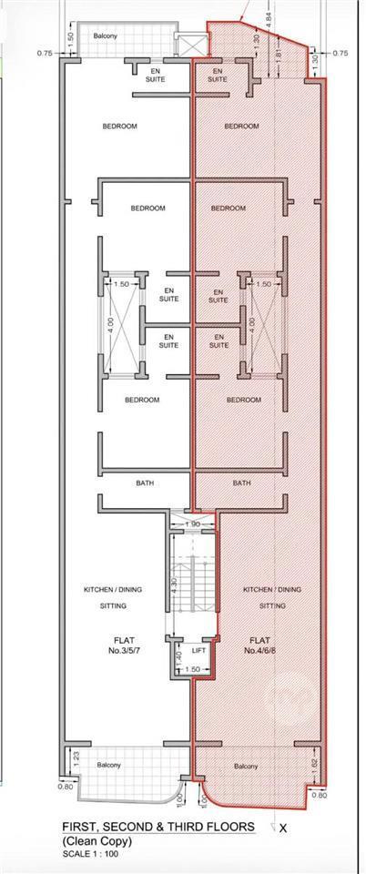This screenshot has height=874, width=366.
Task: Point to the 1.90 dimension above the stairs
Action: (x=192, y=524)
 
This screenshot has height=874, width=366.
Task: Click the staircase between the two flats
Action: (x=192, y=585)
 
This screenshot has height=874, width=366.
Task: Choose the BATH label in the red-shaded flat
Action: (x=241, y=483)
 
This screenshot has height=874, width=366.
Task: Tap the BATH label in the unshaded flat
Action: (x=145, y=483)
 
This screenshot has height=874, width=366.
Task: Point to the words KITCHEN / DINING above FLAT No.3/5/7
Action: (x=113, y=589)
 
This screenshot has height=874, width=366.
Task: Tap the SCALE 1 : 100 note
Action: (x=89, y=853)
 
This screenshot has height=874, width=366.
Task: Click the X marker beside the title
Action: (x=283, y=828)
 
